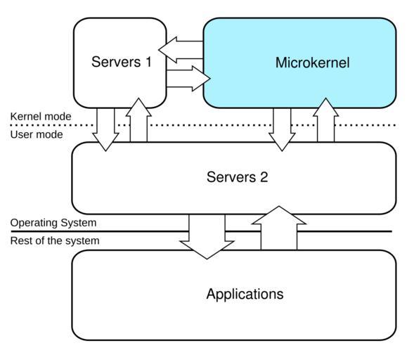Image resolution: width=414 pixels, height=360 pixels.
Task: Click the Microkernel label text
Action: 312,63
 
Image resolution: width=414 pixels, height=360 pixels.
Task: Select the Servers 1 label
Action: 122,62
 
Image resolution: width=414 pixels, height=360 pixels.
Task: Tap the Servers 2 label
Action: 237,177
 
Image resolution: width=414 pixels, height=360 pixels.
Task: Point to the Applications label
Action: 245,295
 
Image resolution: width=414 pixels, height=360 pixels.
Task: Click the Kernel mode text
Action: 41,117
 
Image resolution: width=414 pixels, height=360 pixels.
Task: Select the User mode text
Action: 37,135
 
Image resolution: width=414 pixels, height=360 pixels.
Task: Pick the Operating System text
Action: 53,223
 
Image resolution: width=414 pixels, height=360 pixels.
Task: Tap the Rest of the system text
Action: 55,241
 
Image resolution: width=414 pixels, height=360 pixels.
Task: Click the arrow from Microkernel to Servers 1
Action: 181,50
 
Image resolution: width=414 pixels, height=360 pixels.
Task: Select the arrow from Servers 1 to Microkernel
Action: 188,79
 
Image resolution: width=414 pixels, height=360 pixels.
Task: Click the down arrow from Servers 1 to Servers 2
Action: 105,129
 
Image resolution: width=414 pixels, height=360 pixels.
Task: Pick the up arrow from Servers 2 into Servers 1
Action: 138,120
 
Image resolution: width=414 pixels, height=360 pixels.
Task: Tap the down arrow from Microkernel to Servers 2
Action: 282,129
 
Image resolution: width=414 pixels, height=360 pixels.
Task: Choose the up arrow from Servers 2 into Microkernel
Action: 326,120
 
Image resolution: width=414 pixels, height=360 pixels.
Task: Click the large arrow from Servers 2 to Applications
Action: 207,236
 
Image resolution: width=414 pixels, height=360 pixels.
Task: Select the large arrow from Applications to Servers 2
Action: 279,228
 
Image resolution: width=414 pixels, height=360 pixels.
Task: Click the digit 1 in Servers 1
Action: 148,62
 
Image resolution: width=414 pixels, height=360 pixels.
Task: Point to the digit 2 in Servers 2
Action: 264,177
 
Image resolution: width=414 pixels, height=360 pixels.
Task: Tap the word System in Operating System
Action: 79,223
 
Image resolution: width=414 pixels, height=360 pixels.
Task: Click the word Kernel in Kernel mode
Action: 25,117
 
